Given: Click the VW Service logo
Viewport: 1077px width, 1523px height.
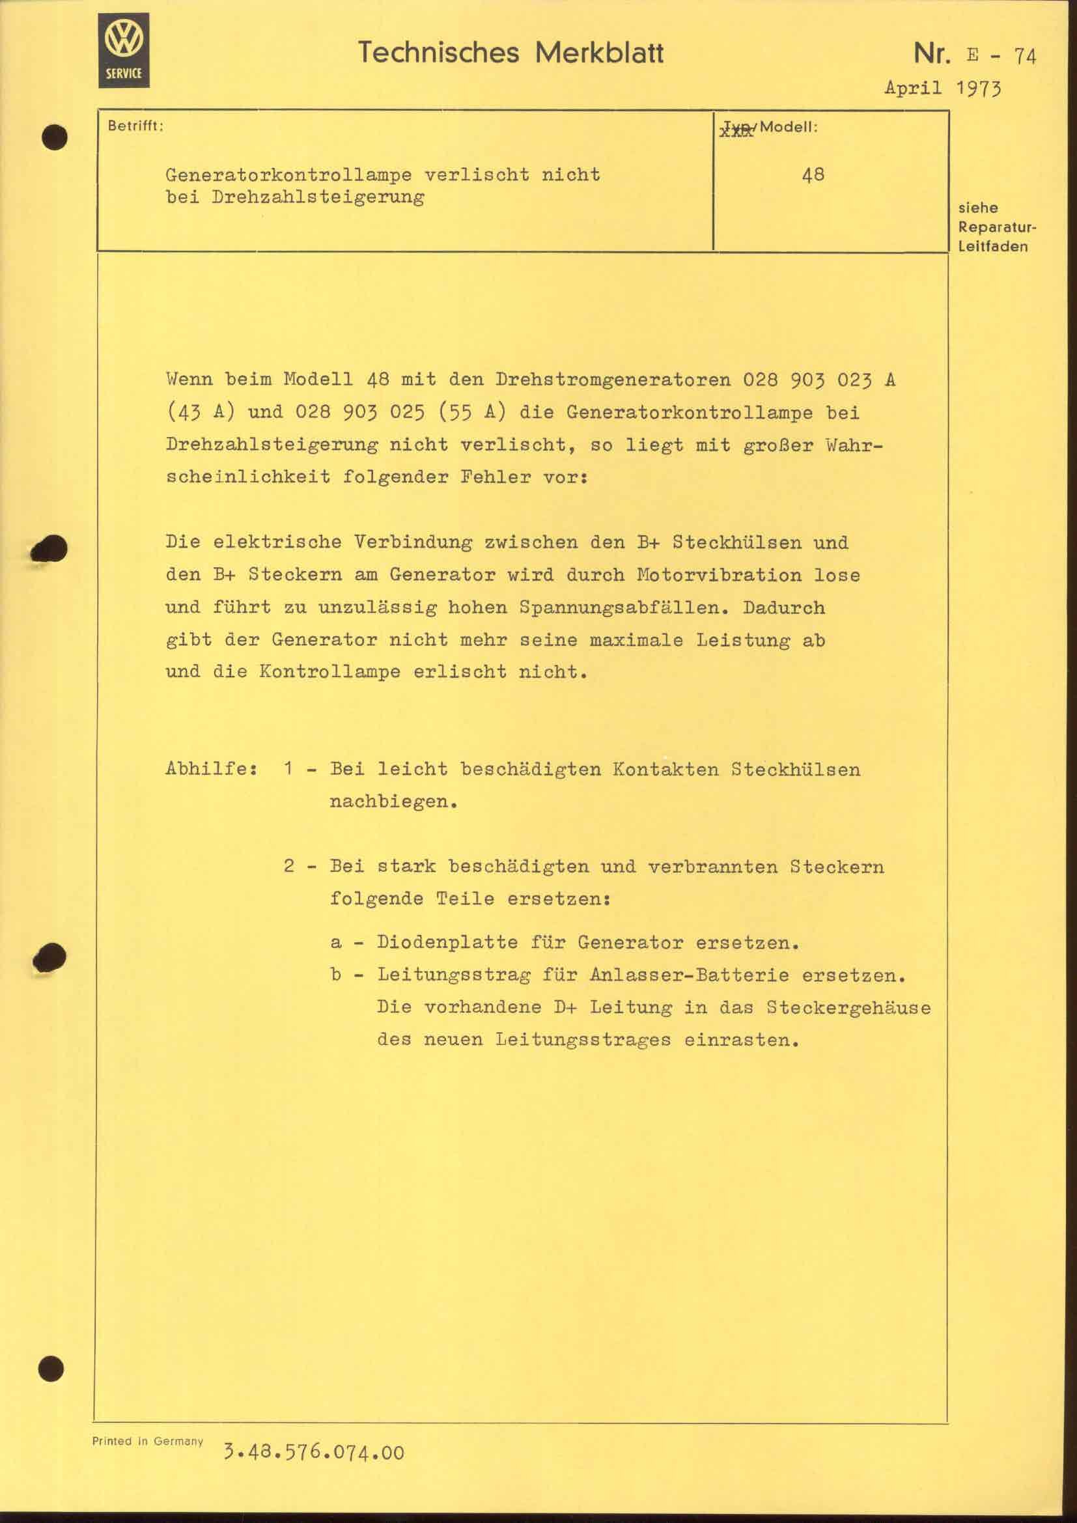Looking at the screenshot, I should [123, 50].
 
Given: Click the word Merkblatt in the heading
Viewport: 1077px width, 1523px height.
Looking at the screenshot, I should [599, 52].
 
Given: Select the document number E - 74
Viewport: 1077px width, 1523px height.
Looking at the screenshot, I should [1001, 55].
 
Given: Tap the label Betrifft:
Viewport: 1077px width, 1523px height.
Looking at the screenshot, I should [135, 126].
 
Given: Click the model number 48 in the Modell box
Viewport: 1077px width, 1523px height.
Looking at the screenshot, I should [813, 175].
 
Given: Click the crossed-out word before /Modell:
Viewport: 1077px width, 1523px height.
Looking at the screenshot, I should [737, 129].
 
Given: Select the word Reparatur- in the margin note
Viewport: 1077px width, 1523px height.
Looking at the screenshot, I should [997, 227].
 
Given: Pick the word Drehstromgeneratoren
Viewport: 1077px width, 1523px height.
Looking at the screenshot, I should [613, 380].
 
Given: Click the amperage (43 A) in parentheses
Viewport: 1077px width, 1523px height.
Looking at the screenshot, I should [201, 413].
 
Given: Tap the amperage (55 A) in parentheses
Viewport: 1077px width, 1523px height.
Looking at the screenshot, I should [471, 413].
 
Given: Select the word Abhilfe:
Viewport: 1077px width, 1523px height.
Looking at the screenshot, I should [212, 770].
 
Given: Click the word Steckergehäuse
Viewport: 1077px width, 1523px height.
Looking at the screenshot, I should [848, 1007].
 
